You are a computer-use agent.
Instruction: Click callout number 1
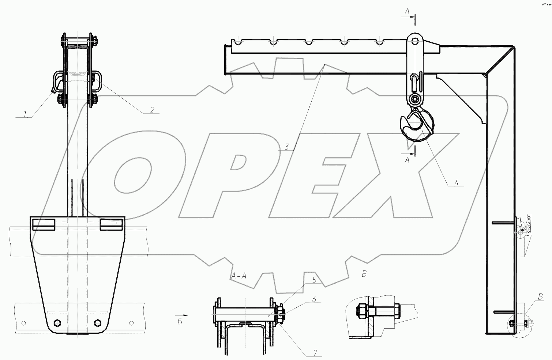click(x=25, y=114)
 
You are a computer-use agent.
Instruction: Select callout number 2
click(x=152, y=110)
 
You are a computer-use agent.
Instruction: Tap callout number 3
click(x=287, y=147)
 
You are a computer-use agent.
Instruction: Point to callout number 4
click(x=457, y=182)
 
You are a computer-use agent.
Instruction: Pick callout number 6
click(x=313, y=299)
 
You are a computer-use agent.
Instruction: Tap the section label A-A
click(x=239, y=276)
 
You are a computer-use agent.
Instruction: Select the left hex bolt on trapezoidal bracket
click(x=57, y=323)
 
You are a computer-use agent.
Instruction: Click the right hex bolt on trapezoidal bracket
click(x=98, y=323)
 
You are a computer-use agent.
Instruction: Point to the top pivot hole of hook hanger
click(x=414, y=40)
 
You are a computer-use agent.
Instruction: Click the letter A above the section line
click(x=407, y=12)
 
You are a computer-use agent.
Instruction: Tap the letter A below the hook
click(x=407, y=160)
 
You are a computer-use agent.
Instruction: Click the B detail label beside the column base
click(x=540, y=297)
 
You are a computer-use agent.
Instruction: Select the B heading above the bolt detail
click(x=364, y=274)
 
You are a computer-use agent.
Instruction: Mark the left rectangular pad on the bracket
click(x=44, y=224)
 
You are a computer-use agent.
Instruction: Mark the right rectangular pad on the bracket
click(x=111, y=224)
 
